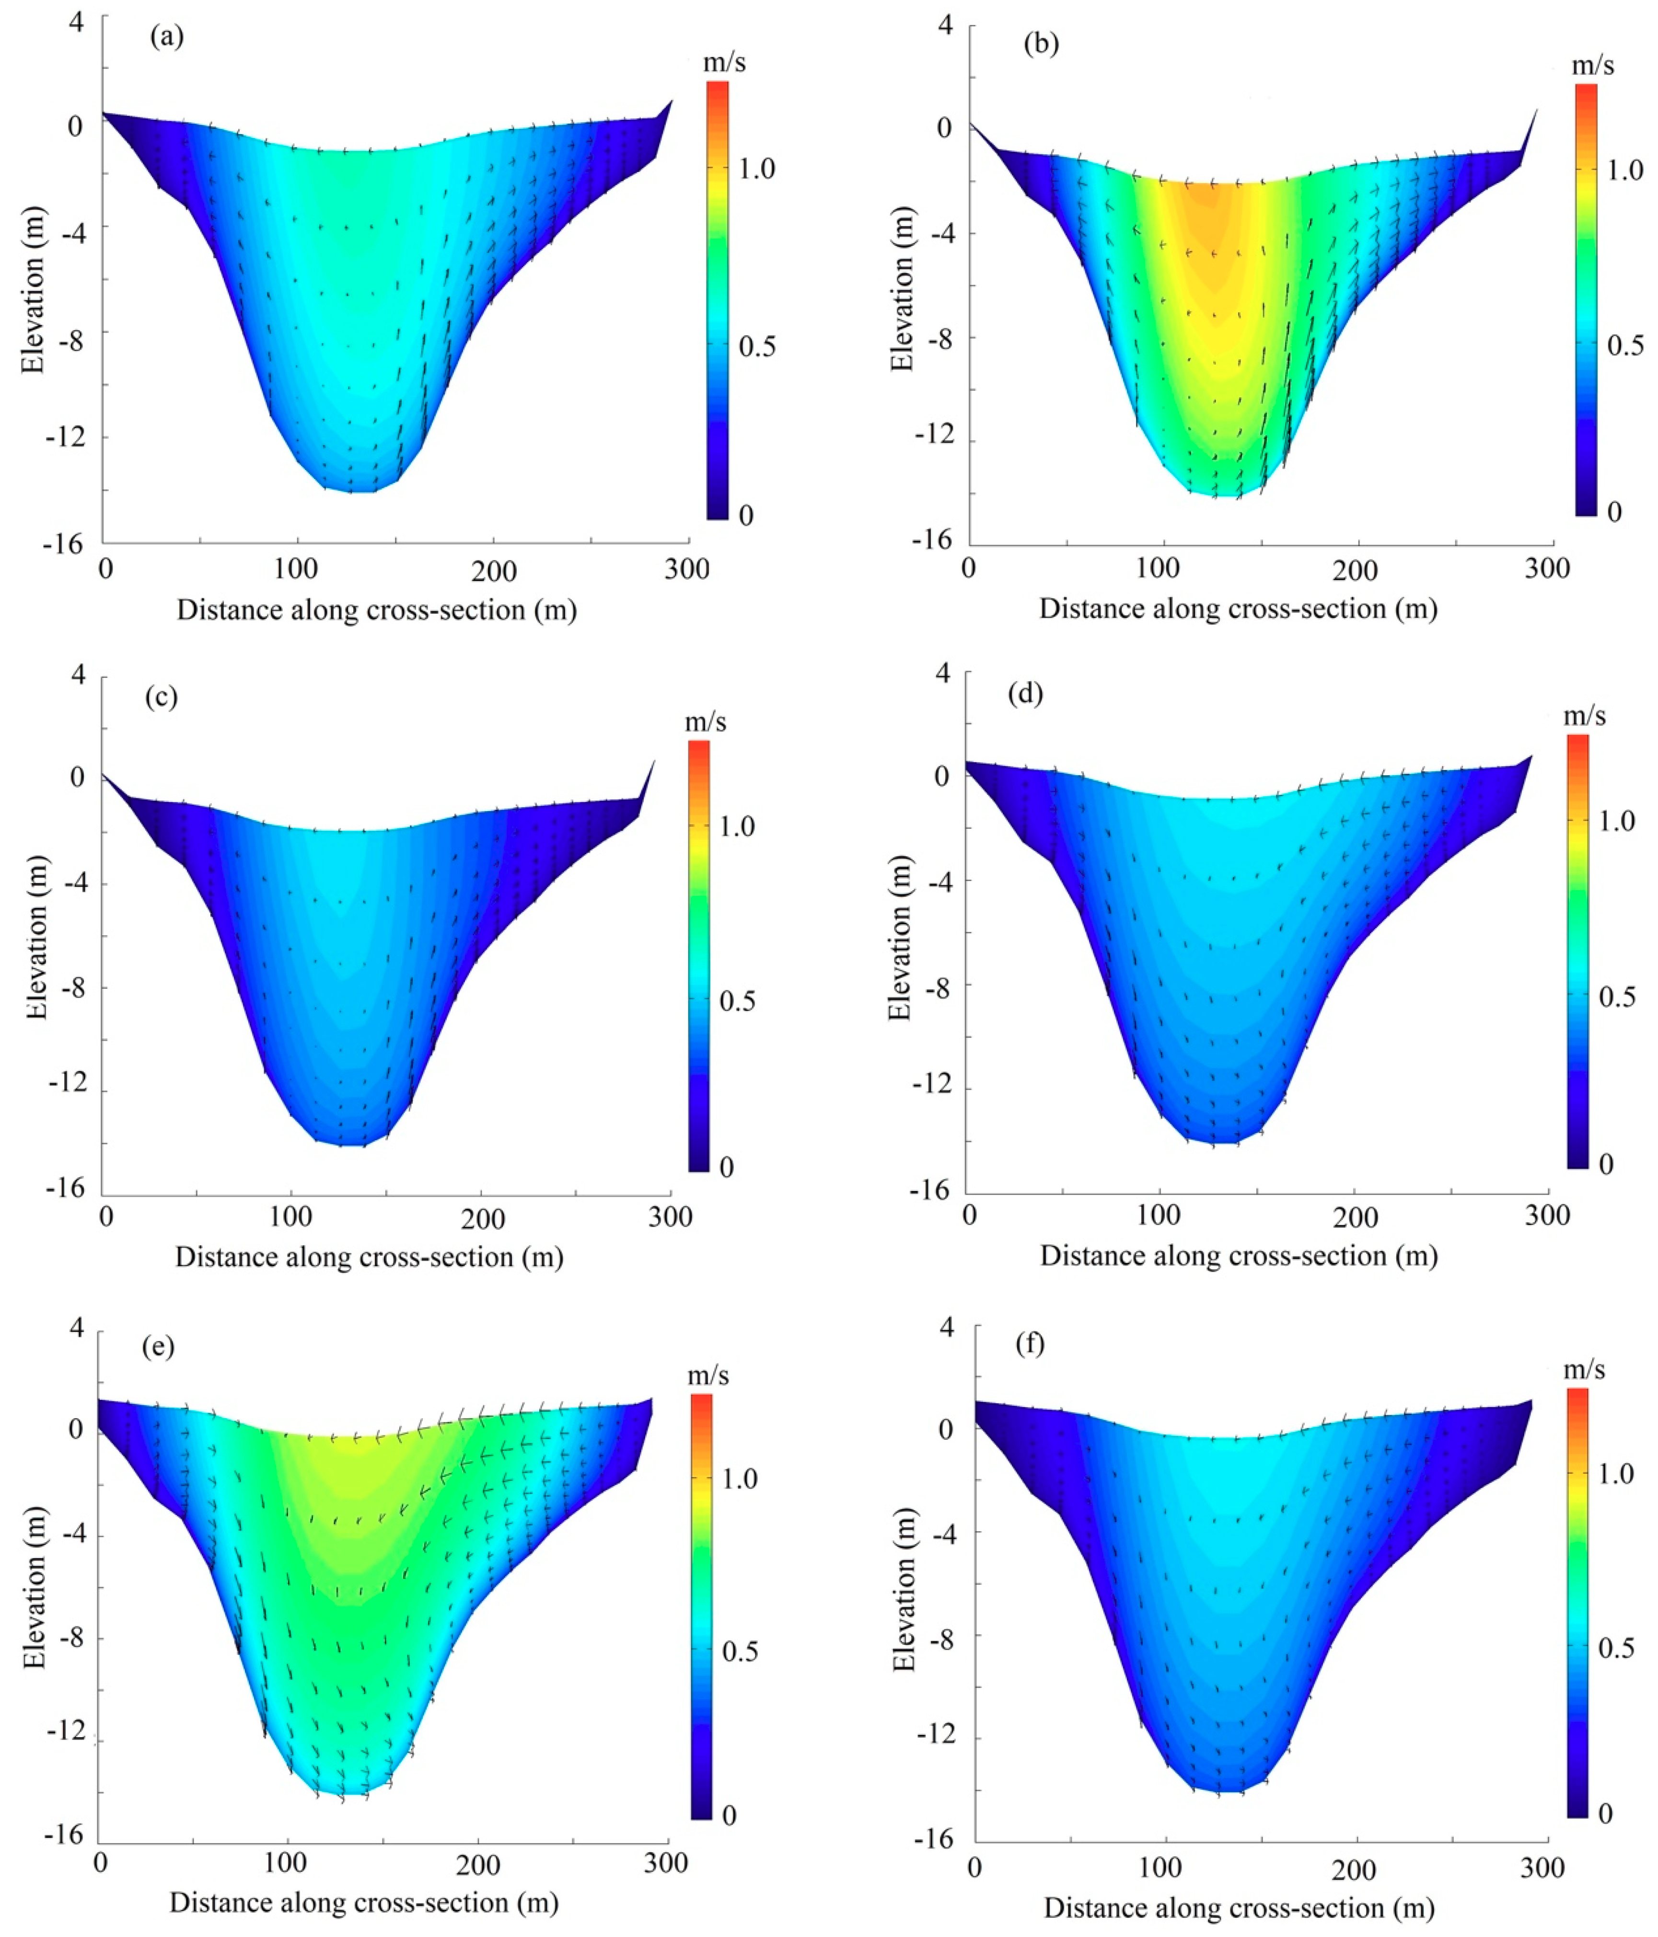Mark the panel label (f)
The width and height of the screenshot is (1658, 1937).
point(1029,1344)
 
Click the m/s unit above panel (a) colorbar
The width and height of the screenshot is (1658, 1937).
point(725,63)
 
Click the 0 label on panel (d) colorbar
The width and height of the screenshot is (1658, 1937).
point(1606,1164)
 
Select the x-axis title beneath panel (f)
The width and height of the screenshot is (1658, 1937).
point(1239,1908)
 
